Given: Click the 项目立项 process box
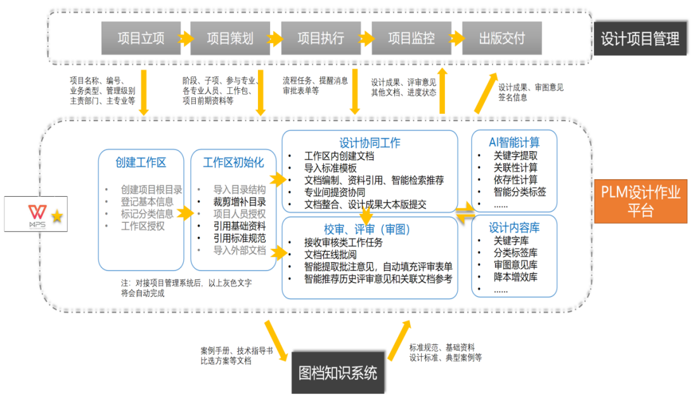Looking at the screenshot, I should point(141,38).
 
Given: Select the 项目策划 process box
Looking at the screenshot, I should point(230,38).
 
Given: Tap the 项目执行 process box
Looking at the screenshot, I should point(321,38).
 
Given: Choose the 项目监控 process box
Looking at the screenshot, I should point(411,38).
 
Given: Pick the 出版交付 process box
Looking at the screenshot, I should point(502,38).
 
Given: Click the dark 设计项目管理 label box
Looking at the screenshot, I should point(640,39).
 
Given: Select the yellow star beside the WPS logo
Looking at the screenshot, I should point(57,217).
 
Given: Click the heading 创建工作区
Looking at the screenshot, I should point(141,163).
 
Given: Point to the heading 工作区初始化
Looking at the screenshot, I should point(233,163).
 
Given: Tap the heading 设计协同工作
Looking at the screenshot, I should point(370,143).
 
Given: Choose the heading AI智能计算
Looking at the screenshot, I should point(514,142).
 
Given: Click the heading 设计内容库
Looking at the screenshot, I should point(514,227).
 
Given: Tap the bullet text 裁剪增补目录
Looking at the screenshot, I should point(240,202).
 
